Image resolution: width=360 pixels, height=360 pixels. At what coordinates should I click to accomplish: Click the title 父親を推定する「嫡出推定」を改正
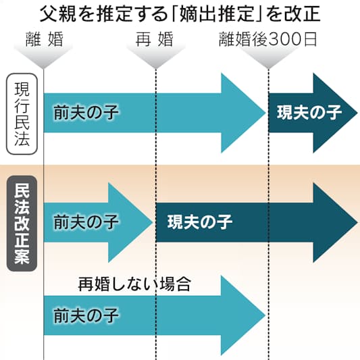[x=180, y=14]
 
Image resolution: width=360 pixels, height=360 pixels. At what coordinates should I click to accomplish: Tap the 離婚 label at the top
[x=45, y=39]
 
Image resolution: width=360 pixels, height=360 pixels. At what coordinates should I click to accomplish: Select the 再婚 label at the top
[x=154, y=39]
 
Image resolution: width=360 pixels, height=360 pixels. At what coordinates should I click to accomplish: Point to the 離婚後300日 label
[x=268, y=39]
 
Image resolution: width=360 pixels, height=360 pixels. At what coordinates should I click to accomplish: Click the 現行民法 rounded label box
[x=22, y=114]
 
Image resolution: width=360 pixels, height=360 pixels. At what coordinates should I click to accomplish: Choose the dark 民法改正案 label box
[x=22, y=224]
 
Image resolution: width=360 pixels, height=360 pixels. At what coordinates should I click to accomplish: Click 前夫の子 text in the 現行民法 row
[x=86, y=113]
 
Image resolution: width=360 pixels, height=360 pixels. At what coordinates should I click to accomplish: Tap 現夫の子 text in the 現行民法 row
[x=309, y=113]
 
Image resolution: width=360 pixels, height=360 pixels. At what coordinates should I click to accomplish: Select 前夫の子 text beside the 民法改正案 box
[x=86, y=222]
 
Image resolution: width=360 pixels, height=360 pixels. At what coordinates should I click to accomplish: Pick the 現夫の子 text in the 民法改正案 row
[x=200, y=222]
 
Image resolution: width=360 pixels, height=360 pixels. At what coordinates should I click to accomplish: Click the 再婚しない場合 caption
[x=134, y=284]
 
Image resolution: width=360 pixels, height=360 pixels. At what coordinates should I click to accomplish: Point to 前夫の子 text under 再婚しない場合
[x=86, y=315]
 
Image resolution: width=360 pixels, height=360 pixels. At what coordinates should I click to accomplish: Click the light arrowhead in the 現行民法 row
[x=243, y=113]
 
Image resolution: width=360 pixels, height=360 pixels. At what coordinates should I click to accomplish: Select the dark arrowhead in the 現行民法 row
[x=336, y=113]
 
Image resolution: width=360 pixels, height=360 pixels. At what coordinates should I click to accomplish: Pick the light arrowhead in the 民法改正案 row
[x=130, y=222]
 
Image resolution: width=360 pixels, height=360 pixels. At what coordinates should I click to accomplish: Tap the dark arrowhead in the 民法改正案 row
[x=336, y=222]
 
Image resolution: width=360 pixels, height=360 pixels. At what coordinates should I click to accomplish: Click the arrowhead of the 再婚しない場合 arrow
[x=243, y=315]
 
